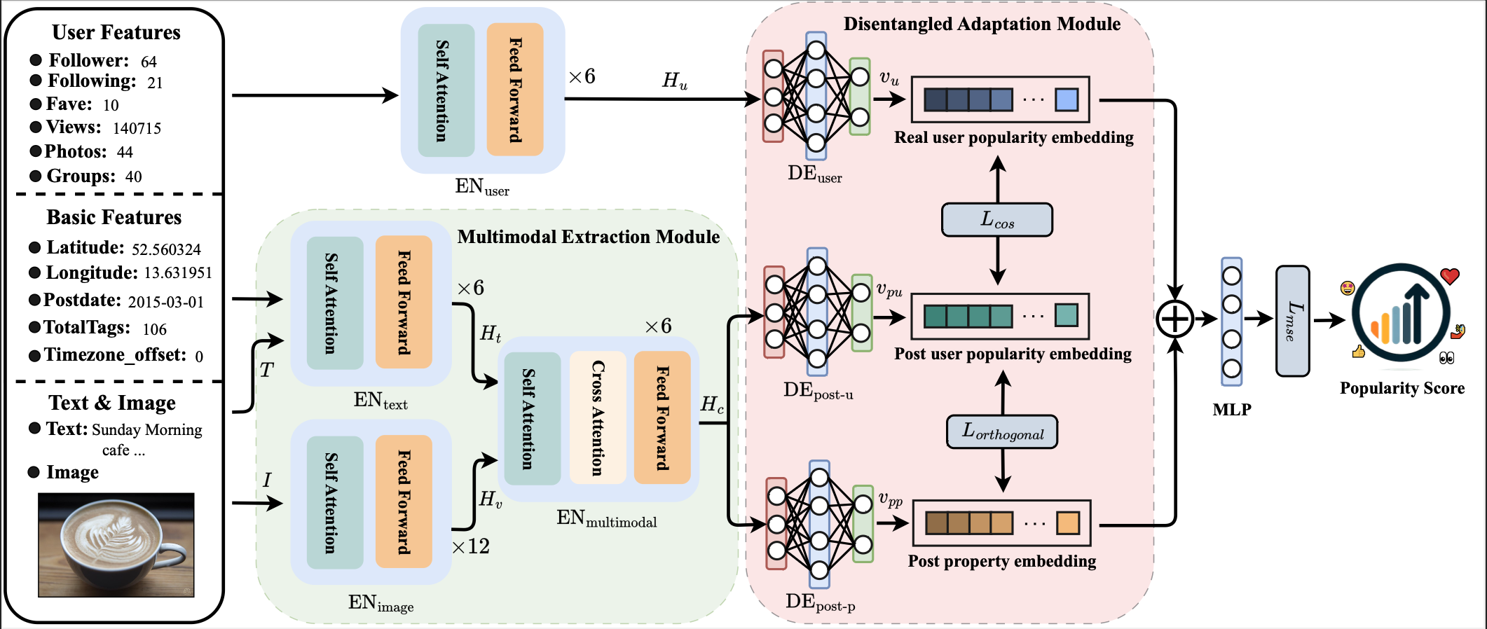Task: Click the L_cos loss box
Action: click(996, 220)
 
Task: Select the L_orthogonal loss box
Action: click(1002, 431)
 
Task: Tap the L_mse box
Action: click(1292, 321)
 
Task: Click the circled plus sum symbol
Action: click(1174, 319)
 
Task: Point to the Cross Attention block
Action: click(597, 417)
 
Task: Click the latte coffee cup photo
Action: click(116, 544)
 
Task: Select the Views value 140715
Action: click(137, 128)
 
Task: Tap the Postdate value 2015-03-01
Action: click(165, 302)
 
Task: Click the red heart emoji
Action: click(1450, 276)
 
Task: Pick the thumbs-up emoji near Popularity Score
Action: click(1358, 352)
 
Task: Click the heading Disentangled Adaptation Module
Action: click(981, 25)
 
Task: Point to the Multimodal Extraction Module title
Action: click(588, 237)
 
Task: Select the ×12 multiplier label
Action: click(471, 546)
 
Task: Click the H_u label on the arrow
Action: click(675, 81)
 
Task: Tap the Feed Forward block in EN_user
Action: click(515, 90)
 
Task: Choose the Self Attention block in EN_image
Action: click(335, 502)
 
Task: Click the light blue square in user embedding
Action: click(1066, 99)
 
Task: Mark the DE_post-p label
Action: click(820, 602)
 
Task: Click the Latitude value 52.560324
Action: click(166, 249)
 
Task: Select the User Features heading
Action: click(116, 32)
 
